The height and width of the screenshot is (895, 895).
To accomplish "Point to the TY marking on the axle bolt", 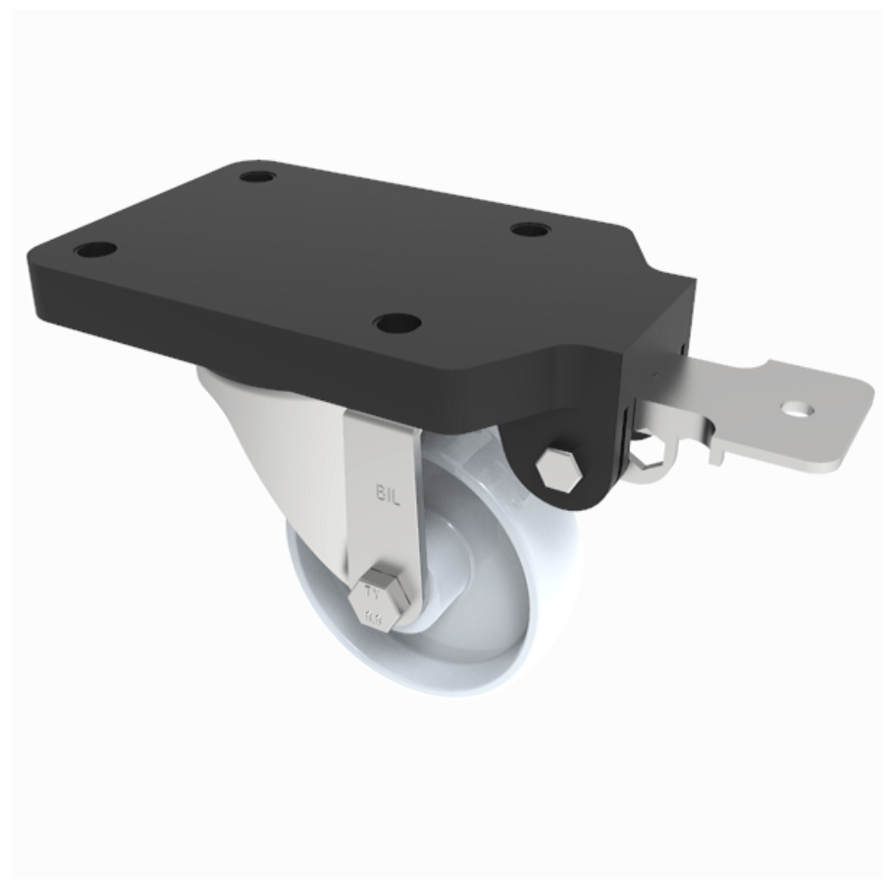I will [x=374, y=593].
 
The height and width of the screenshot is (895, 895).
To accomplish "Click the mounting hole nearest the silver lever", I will [x=531, y=230].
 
